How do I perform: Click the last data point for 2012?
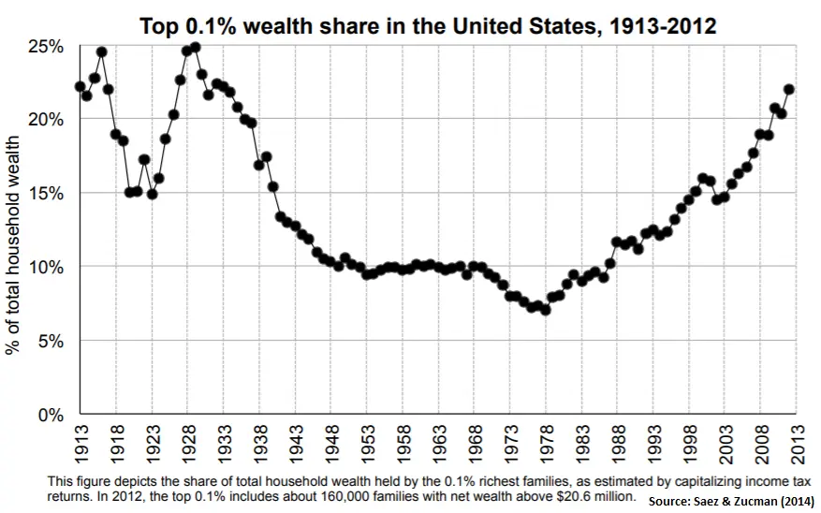(788, 89)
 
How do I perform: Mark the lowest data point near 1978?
(546, 310)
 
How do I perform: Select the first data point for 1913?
(80, 86)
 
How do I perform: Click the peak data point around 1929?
(195, 47)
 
